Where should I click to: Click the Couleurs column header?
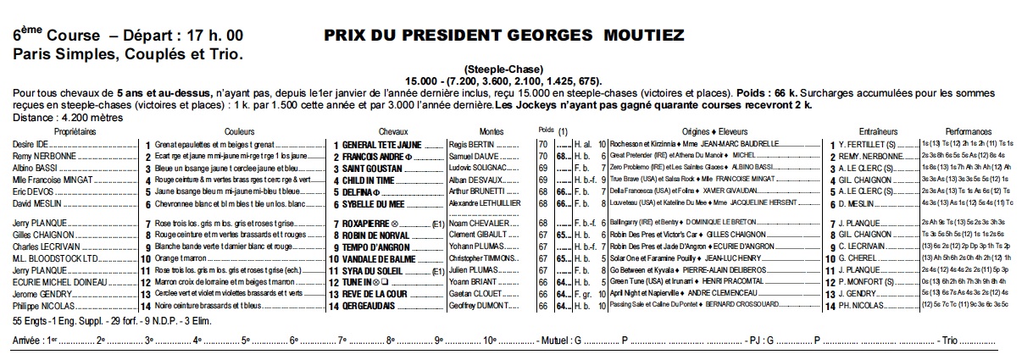click(240, 132)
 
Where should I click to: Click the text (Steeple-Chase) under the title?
click(503, 69)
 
